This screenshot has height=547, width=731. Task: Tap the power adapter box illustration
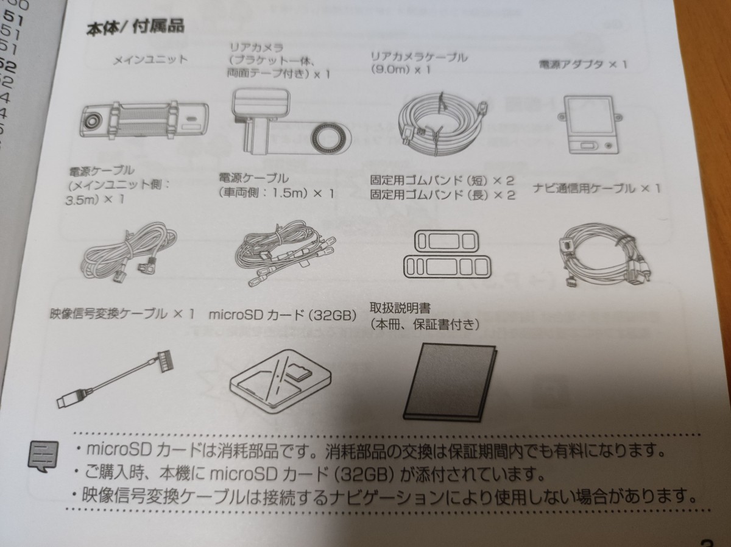tap(588, 125)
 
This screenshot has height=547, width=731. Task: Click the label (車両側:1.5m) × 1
tap(277, 194)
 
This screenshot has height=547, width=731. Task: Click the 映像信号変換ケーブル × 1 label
tap(122, 314)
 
